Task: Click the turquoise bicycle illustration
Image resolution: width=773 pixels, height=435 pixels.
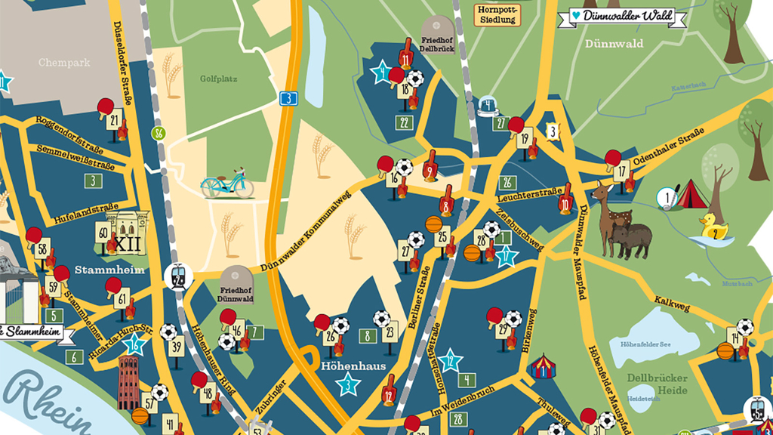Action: click(x=227, y=183)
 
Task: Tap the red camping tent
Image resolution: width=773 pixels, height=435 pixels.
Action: click(x=689, y=195)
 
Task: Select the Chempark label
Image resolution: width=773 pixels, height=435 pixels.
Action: click(x=64, y=63)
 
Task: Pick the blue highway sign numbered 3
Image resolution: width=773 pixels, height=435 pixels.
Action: click(x=288, y=97)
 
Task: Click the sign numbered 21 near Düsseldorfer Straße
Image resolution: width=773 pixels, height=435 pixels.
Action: click(x=115, y=121)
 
